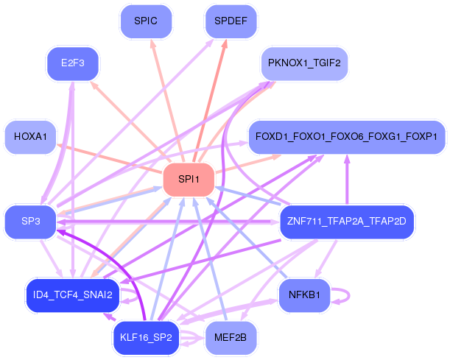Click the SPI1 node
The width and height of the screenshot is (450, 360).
(189, 180)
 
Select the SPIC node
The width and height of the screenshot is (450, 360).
(146, 21)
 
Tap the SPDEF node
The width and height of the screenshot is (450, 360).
(231, 21)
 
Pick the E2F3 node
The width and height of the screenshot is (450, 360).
(73, 63)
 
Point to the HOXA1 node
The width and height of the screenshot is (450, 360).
(30, 137)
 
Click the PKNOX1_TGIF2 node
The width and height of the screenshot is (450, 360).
(304, 63)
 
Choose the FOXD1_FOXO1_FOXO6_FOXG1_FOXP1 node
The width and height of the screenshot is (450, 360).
(347, 137)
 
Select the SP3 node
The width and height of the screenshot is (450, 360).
(30, 222)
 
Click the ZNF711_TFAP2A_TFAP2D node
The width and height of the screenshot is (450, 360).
(347, 222)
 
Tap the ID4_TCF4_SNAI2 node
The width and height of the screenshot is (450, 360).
(73, 295)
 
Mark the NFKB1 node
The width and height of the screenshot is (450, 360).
(304, 295)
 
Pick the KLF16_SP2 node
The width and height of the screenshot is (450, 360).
(146, 338)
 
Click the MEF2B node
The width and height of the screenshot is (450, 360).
(231, 338)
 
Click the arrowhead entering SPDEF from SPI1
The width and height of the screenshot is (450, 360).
(225, 44)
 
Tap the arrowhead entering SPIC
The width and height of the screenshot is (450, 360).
(153, 43)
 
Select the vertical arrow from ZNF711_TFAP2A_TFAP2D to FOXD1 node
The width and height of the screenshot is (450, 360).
(347, 180)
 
